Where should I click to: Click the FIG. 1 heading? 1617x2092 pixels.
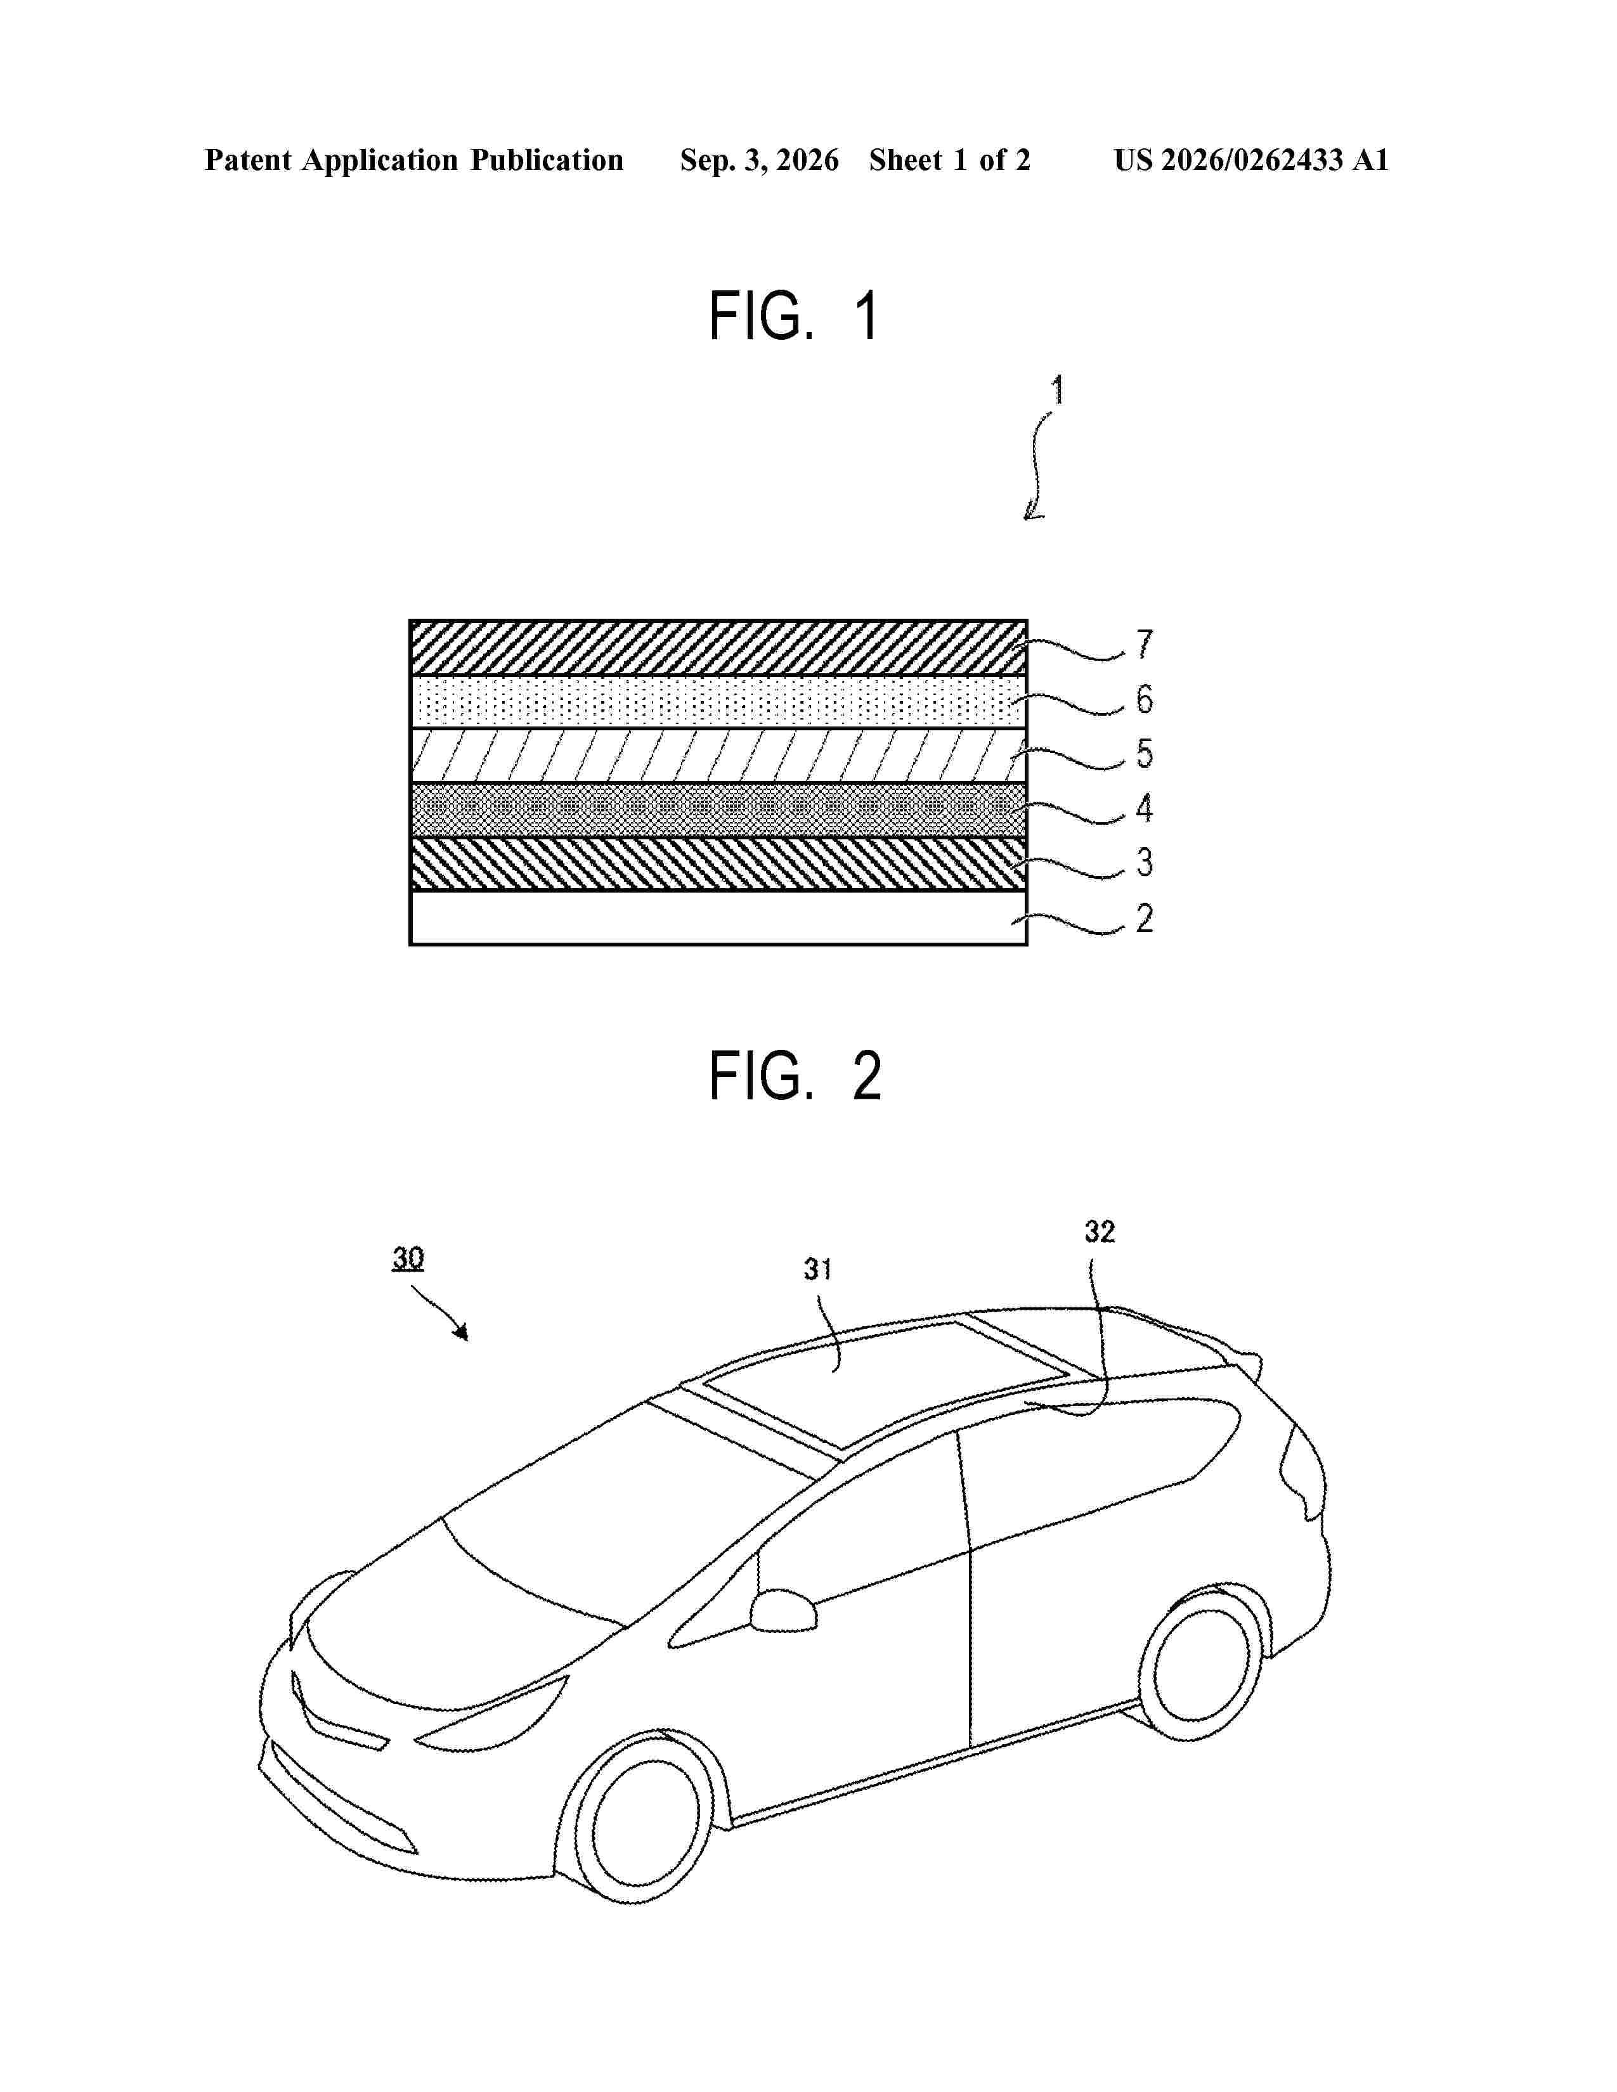pos(794,316)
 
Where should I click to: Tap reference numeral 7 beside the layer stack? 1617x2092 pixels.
pos(1144,645)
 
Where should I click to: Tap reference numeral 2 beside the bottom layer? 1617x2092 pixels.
pos(1144,918)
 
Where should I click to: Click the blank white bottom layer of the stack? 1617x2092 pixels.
pos(718,919)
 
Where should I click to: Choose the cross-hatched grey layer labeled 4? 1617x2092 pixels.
pos(718,810)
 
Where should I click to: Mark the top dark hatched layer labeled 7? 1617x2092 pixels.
pos(718,647)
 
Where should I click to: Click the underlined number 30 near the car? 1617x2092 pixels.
pos(408,1258)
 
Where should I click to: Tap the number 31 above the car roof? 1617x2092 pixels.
pos(817,1269)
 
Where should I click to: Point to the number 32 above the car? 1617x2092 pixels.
pos(1100,1231)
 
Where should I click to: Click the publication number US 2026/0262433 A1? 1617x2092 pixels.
pos(1251,160)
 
